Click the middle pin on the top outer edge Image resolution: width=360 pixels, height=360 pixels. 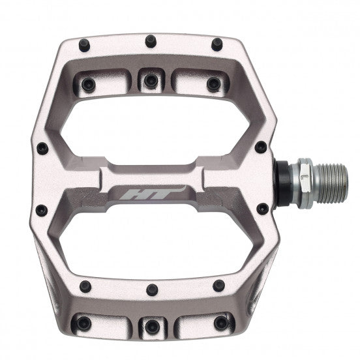coord(149,40)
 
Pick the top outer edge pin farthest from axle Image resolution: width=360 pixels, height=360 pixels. coord(84,46)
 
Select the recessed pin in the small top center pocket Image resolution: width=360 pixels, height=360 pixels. coord(150,80)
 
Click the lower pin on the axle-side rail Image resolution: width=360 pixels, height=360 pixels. coord(262,209)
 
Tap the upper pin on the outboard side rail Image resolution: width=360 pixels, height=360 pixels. coord(42,148)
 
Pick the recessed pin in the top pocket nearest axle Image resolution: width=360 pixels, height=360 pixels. coord(211,83)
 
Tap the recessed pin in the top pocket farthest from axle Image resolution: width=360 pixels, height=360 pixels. coord(88,83)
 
